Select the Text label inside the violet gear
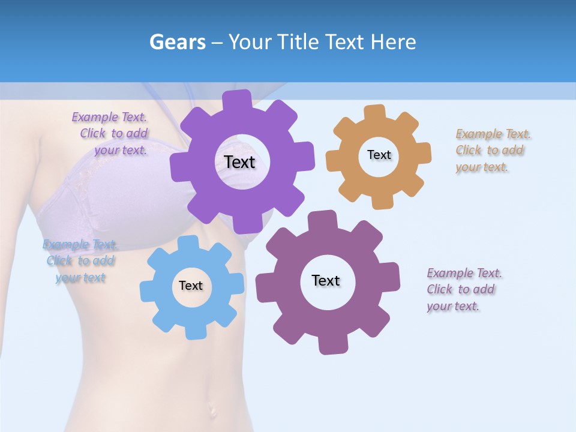coord(240,162)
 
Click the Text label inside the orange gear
coord(379,155)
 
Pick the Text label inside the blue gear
coord(191,286)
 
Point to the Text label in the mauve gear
coord(326,280)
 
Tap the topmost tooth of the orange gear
coord(374,112)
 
